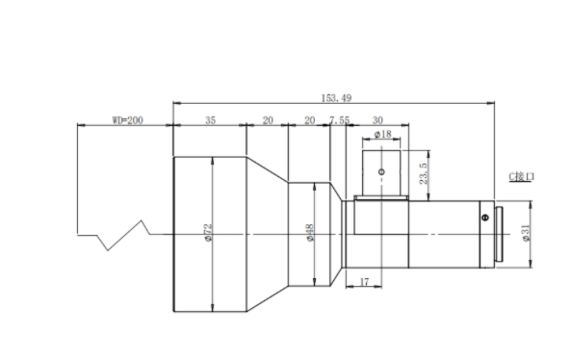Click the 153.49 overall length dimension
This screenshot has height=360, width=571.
tap(336, 98)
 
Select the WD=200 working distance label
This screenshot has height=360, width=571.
tap(127, 120)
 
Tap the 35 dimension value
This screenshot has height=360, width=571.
tap(211, 120)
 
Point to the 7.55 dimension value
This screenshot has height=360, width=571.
tap(339, 120)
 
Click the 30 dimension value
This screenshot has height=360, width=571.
tap(377, 120)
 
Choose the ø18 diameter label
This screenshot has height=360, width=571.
tap(382, 135)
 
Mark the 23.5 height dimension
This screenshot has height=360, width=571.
tap(423, 173)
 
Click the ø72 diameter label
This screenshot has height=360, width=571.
tap(208, 233)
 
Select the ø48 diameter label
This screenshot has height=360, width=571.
tap(310, 233)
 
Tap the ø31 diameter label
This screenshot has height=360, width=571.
tap(526, 233)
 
